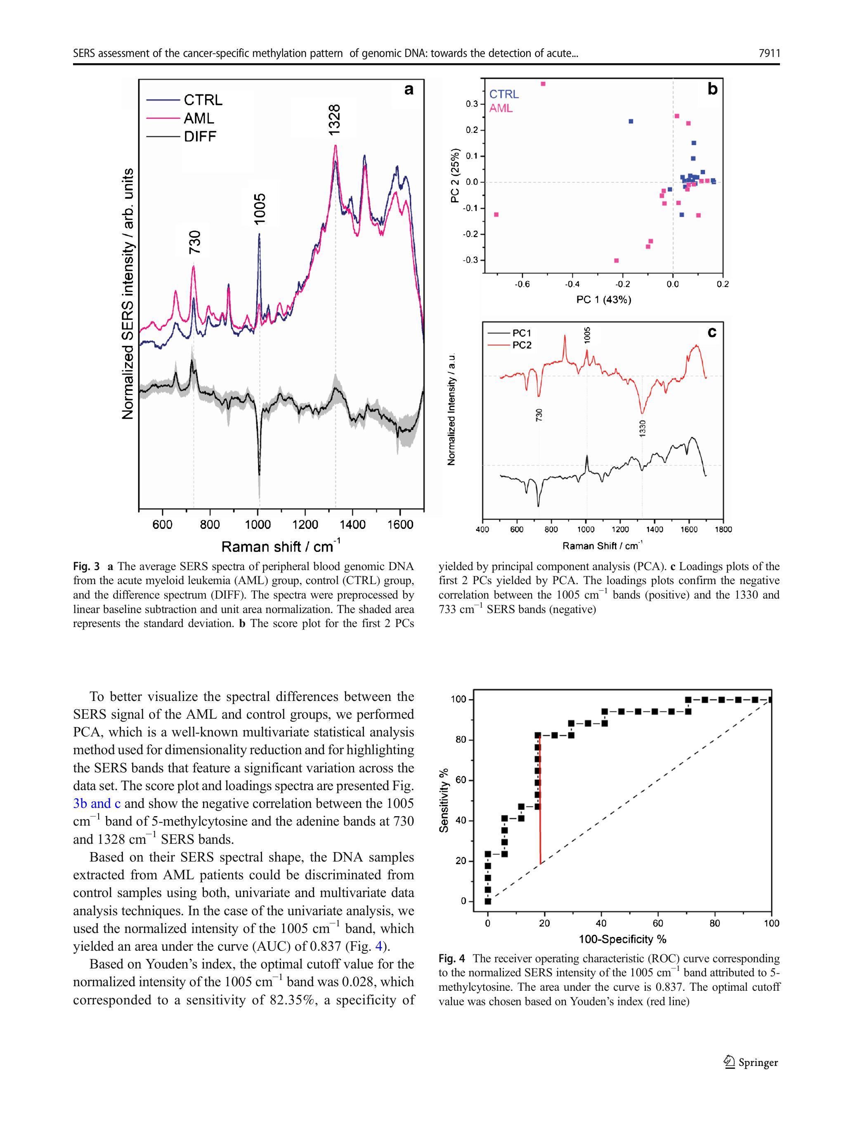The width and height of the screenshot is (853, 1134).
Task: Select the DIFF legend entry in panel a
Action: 200,136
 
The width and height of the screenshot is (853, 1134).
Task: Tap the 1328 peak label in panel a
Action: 335,120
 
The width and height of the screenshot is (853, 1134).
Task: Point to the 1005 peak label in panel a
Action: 260,208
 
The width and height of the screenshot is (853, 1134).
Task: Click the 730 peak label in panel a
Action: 195,242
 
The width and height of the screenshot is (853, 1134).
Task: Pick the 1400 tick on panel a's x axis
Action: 353,524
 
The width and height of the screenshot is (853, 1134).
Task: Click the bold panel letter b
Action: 712,89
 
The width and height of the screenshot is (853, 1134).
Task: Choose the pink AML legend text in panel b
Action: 501,109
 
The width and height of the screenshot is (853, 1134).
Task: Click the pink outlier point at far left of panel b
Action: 496,214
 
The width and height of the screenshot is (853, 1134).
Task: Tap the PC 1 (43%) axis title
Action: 603,300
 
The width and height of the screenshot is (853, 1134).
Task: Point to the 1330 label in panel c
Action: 643,428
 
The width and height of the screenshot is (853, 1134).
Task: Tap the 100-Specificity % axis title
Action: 622,940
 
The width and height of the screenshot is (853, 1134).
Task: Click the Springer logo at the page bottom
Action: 751,1063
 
